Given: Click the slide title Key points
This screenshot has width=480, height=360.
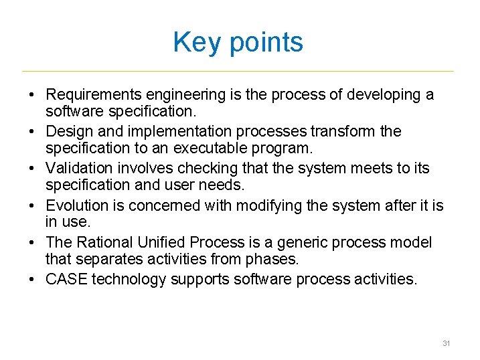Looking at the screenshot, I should (238, 42).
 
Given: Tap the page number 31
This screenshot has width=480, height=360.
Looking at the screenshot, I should (446, 343).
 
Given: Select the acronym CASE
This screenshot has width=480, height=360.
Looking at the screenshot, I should (66, 279).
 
